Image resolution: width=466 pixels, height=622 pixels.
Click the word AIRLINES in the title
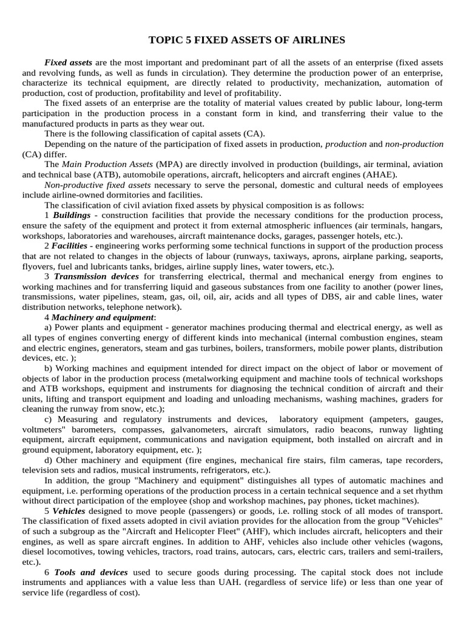coord(316,40)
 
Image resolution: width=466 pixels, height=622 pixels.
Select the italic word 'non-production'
coord(414,144)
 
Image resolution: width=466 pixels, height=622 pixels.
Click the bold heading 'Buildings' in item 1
coord(72,216)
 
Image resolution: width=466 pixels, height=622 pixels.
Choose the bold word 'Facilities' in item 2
coord(69,246)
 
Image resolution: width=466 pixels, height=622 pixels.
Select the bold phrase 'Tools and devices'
coord(91,572)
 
